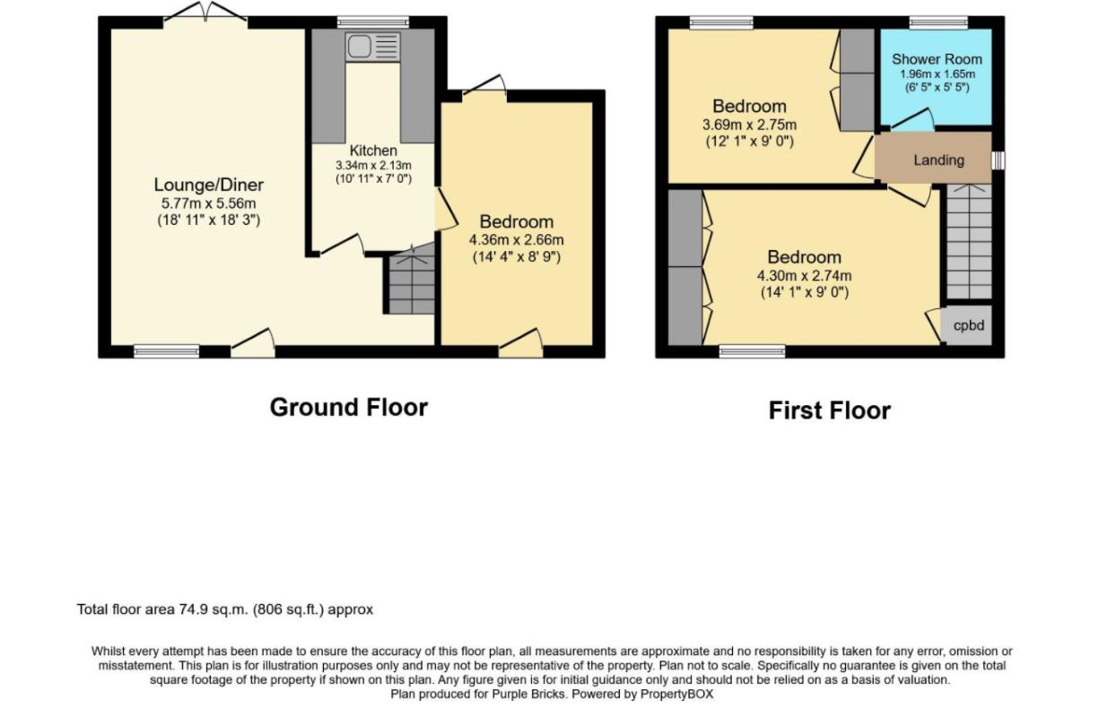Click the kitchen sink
372,47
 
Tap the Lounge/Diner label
209,185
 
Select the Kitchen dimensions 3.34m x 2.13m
373,165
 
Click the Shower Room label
937,59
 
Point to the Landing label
938,160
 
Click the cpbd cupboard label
969,325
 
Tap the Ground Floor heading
349,407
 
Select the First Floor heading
830,410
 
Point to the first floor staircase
969,241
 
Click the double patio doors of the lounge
205,12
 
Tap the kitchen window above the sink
373,22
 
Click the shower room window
938,22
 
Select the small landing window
998,160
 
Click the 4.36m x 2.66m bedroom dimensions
517,240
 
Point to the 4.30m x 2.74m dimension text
805,275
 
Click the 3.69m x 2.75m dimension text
750,125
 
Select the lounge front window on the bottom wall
167,351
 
